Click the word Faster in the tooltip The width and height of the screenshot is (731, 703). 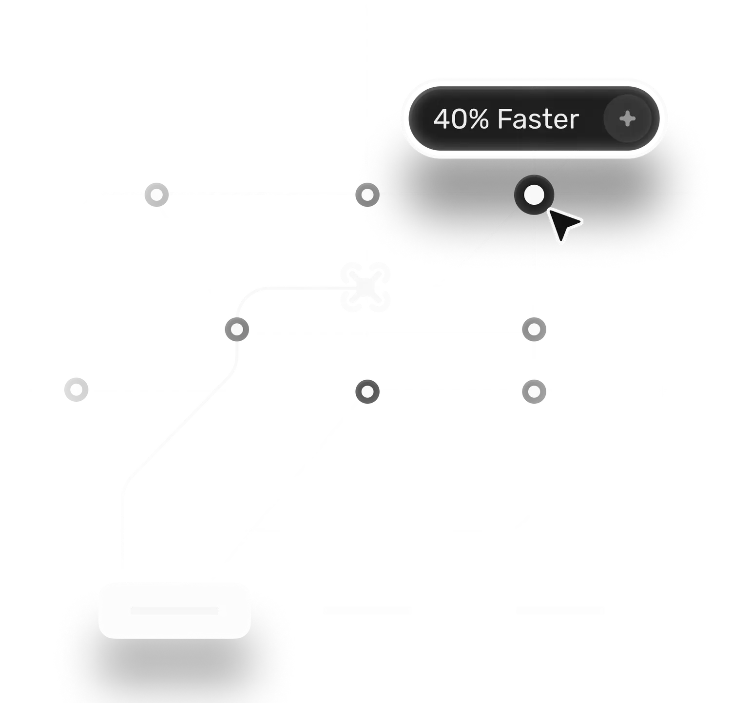538,119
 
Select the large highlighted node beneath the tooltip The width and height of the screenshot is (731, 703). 534,195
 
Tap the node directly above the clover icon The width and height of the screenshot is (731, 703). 367,195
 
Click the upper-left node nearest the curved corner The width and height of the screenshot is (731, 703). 156,195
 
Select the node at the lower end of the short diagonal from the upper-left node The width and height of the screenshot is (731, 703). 236,330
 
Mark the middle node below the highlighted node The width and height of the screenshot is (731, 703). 534,330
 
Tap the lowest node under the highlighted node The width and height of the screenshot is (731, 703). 534,391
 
